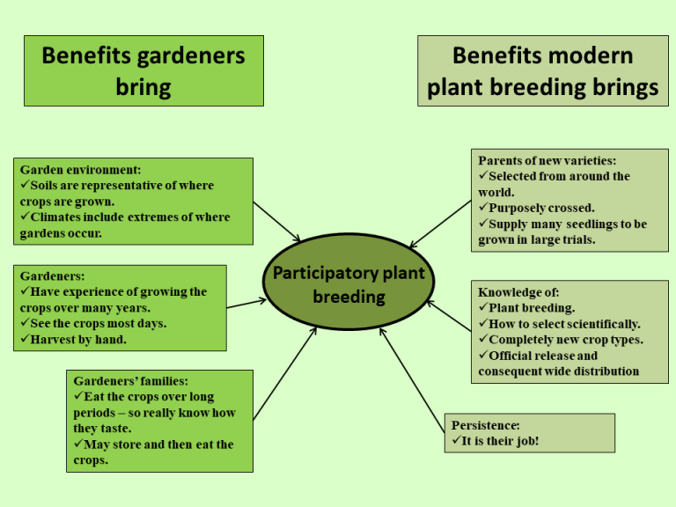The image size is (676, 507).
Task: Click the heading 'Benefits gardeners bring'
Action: pyautogui.click(x=143, y=71)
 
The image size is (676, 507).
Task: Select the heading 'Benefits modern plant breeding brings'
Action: pyautogui.click(x=542, y=71)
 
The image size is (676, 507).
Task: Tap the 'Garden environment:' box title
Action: pyautogui.click(x=80, y=170)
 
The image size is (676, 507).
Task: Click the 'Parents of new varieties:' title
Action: pyautogui.click(x=547, y=160)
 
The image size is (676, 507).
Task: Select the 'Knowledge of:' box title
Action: pyautogui.click(x=518, y=292)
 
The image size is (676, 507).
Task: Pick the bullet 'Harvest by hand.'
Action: pyautogui.click(x=78, y=340)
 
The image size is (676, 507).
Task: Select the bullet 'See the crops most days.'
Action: pyautogui.click(x=98, y=324)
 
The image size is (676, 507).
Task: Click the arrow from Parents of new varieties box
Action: pyautogui.click(x=441, y=224)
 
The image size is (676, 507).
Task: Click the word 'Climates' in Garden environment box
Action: pyautogui.click(x=58, y=217)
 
